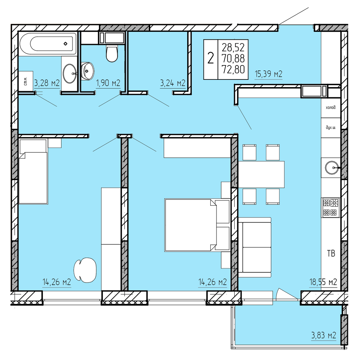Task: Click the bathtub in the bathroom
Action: click(48, 43)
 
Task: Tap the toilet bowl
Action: click(112, 54)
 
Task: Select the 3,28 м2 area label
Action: click(47, 83)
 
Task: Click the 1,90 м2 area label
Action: click(108, 83)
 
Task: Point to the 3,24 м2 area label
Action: click(172, 83)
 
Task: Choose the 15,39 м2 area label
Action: click(268, 74)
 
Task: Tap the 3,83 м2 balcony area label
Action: click(324, 340)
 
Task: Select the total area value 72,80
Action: click(233, 70)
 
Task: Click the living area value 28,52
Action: click(233, 47)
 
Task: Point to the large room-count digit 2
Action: click(211, 58)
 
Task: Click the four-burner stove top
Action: click(330, 207)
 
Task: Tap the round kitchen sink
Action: click(332, 168)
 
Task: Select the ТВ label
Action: click(331, 253)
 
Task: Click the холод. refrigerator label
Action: click(331, 108)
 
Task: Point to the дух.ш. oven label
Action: click(331, 127)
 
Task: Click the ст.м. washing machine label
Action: click(26, 81)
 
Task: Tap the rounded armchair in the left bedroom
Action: click(85, 270)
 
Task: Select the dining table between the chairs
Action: click(261, 175)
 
